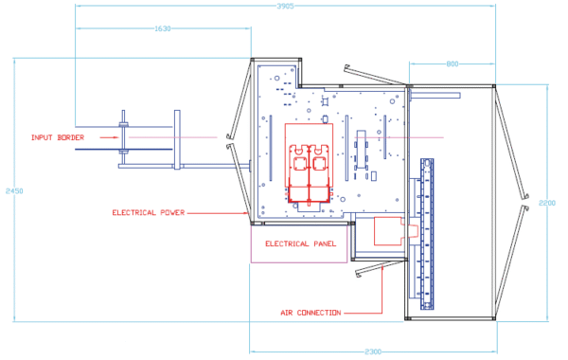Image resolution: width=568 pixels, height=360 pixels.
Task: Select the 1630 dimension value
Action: tap(162, 28)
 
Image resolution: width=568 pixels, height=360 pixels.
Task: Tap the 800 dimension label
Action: tap(453, 64)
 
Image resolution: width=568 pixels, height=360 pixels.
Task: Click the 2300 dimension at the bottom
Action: tap(373, 352)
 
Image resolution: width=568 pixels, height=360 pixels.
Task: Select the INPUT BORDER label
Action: tap(58, 137)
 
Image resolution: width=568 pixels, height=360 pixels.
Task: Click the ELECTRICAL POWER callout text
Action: tap(148, 212)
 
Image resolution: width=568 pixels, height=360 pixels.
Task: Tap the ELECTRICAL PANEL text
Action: tap(301, 244)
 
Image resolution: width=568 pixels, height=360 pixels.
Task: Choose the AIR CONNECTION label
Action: tap(311, 313)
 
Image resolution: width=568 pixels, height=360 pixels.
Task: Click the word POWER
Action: tap(169, 212)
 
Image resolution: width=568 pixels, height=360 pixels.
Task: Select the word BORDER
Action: tap(69, 137)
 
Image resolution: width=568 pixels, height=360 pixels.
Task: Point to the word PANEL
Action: tap(325, 244)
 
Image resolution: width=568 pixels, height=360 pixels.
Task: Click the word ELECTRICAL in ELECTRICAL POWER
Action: tap(133, 212)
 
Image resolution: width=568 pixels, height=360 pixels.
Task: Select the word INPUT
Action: tap(42, 137)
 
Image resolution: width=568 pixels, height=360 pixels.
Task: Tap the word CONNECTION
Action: tap(320, 313)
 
